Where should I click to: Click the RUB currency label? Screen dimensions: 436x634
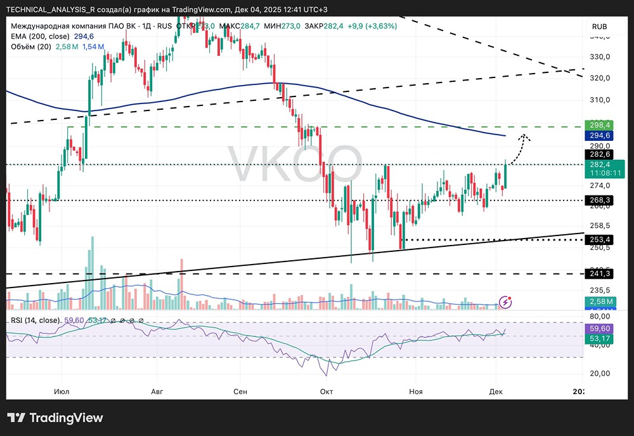(x=599, y=26)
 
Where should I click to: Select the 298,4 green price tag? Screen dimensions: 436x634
(x=599, y=125)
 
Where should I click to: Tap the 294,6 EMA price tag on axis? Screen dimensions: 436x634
(x=599, y=136)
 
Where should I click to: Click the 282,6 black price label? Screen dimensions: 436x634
(x=599, y=154)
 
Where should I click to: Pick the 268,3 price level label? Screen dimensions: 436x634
(x=599, y=200)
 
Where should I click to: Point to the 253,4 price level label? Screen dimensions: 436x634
(x=599, y=239)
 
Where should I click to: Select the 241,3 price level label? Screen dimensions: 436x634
(x=599, y=274)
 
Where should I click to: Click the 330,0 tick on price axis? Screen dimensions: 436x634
(x=599, y=56)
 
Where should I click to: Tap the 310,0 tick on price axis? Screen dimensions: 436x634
(x=599, y=100)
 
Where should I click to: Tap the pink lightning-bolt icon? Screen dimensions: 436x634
(x=505, y=301)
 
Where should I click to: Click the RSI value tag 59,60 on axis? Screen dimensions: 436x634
(x=599, y=329)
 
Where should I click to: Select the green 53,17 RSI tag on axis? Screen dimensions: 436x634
(x=599, y=340)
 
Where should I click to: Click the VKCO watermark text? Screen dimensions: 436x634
(x=294, y=164)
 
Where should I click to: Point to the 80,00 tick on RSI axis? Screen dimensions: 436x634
(x=599, y=316)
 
